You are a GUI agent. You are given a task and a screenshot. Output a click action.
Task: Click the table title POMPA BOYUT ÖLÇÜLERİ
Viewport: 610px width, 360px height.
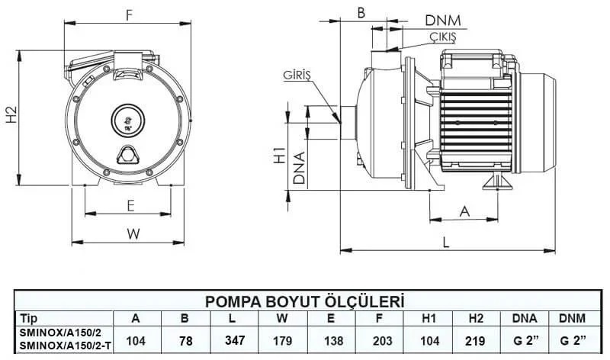click(305, 301)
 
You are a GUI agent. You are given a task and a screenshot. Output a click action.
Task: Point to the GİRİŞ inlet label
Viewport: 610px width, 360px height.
click(297, 77)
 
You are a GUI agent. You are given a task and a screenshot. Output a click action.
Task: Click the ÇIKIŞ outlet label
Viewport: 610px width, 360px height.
click(441, 37)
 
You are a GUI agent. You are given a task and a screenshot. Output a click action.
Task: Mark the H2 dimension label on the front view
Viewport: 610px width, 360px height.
click(11, 116)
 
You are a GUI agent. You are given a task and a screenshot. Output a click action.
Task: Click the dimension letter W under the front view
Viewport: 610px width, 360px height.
click(133, 235)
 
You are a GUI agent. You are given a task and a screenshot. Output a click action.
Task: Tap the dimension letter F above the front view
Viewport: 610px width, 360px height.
click(129, 13)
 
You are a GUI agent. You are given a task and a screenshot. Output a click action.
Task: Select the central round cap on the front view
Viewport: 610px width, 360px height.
click(127, 119)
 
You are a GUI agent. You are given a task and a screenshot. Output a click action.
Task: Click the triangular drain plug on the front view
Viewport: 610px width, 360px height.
click(127, 155)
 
